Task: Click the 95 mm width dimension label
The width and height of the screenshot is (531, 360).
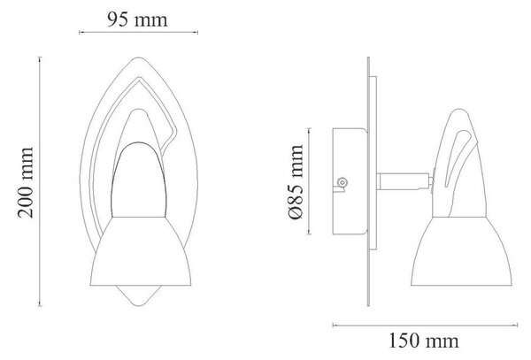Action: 137,19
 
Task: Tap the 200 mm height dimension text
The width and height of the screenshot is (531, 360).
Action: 26,183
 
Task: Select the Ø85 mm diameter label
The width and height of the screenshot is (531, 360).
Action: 296,182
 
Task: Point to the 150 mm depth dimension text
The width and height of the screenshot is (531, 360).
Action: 424,341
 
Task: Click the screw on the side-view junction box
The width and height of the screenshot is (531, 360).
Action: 342,183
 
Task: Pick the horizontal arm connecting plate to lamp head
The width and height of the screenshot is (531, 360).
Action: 404,181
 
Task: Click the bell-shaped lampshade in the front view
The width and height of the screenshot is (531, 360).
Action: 141,251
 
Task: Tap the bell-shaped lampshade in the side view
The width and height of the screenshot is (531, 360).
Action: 461,251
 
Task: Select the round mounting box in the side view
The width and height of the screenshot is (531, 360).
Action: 350,181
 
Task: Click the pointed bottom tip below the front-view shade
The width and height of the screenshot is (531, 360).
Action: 138,305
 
